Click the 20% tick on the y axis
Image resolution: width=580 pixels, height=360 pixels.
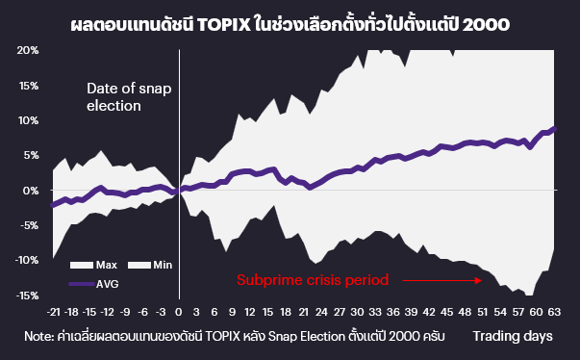27,50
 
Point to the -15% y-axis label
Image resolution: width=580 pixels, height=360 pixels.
25,296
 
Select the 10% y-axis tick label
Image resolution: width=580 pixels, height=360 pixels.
27,120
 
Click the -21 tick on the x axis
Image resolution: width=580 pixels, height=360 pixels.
53,312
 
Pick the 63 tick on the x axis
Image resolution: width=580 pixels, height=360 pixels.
553,312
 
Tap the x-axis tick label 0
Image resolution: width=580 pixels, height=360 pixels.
180,312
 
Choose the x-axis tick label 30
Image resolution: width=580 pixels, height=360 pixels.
358,312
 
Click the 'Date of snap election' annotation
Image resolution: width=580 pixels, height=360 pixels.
129,96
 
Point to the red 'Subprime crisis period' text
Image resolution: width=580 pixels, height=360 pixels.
313,281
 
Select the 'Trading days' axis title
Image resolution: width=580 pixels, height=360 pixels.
512,336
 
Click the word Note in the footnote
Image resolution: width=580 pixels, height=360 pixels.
42,336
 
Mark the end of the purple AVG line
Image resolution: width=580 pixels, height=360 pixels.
555,128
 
